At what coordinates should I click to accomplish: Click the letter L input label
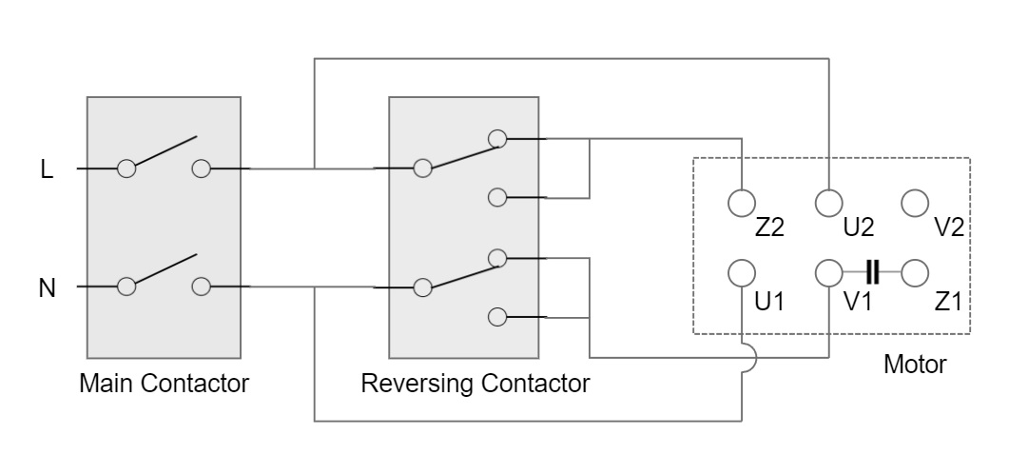[x=47, y=169]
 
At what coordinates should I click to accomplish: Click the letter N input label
[x=47, y=287]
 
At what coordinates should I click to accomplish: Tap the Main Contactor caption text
[x=164, y=384]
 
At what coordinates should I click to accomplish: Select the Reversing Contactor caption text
[x=475, y=384]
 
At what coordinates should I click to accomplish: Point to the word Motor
[x=915, y=364]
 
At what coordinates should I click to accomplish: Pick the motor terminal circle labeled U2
[x=829, y=202]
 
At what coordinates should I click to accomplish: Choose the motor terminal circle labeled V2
[x=915, y=202]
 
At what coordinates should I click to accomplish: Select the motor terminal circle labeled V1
[x=829, y=273]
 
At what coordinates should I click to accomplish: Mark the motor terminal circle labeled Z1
[x=915, y=273]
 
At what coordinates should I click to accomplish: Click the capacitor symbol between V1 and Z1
[x=871, y=273]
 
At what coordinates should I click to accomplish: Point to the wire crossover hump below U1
[x=748, y=358]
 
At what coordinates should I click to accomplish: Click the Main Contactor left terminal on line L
[x=126, y=169]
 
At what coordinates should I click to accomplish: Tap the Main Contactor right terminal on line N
[x=201, y=287]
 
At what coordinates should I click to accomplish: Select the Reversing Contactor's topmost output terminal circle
[x=496, y=139]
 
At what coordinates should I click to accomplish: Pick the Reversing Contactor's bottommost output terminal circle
[x=496, y=317]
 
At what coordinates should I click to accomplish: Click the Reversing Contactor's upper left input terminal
[x=421, y=169]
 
